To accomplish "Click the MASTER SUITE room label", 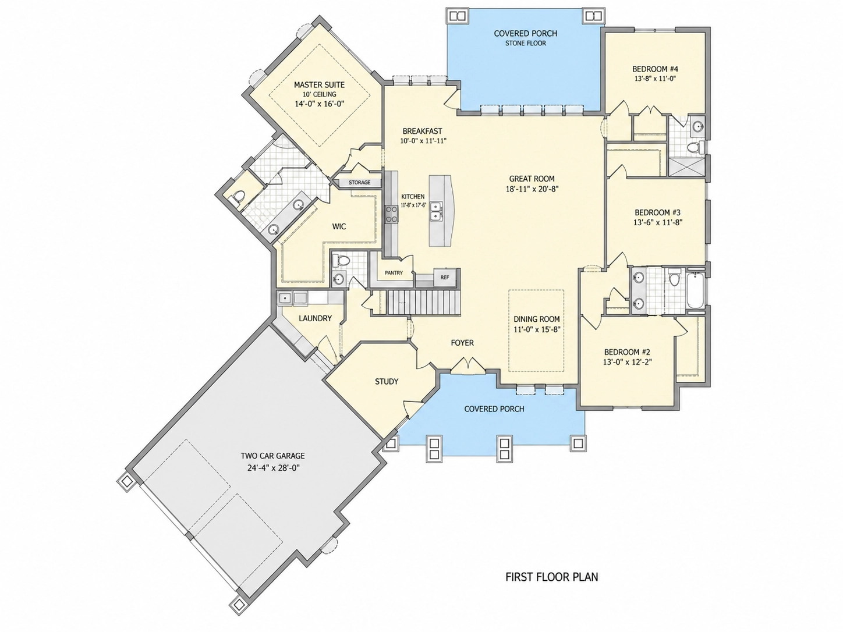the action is [x=319, y=85].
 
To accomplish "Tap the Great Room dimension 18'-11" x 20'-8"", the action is [x=532, y=189].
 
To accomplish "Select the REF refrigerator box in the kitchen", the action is [x=445, y=277].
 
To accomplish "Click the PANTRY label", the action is [x=394, y=273].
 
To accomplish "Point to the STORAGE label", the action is [x=359, y=183].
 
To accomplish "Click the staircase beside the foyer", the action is [x=423, y=303].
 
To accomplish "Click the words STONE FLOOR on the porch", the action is [x=525, y=44].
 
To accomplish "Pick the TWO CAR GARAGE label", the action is [x=272, y=456].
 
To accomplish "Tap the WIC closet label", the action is [x=339, y=226].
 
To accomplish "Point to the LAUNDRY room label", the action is [x=316, y=318].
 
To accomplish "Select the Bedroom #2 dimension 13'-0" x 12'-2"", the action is [x=628, y=362].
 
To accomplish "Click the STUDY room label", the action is [x=387, y=381].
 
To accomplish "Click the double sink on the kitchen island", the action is [x=437, y=211].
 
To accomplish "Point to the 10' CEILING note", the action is [x=319, y=94].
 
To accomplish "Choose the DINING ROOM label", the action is [x=537, y=319].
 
